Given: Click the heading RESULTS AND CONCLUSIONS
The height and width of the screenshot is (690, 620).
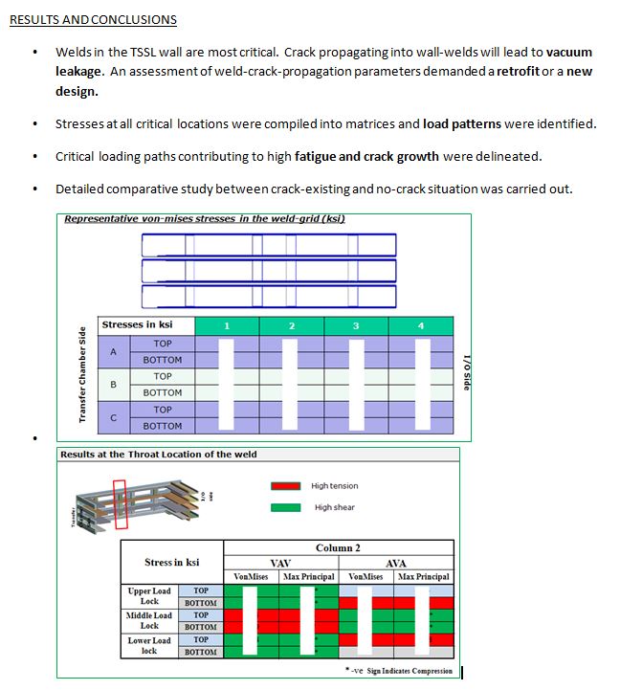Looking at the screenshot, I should [93, 19].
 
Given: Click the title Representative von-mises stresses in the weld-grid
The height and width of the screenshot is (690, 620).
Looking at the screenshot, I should [204, 219].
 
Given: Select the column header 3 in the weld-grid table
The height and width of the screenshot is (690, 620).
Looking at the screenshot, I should [356, 326].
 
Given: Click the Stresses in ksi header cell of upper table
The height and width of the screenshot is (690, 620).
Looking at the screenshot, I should [137, 325].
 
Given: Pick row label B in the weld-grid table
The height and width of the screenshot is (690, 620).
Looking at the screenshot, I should [113, 384].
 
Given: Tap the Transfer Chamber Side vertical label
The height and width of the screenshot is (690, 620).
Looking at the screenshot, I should [82, 374].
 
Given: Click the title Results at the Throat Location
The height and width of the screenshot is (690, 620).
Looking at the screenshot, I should [158, 455].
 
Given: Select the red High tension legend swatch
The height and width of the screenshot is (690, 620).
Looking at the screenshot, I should [286, 486].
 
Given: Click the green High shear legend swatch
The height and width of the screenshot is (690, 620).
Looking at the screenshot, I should [286, 507].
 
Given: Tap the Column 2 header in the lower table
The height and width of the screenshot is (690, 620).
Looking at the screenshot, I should [338, 548].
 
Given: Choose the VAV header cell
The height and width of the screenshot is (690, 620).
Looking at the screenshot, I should [280, 564].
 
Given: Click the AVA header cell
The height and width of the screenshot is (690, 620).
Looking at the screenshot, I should [395, 564].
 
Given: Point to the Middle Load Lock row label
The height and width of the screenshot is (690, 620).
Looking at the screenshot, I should [149, 620].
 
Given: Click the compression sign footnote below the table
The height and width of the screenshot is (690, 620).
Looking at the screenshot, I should [399, 671].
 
